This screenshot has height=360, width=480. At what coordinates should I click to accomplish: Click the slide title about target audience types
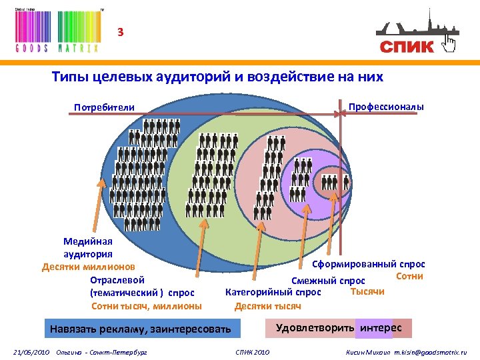coord(217,77)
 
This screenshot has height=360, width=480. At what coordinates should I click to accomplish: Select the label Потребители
coord(104,107)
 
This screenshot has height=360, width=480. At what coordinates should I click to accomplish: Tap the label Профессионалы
coord(386,107)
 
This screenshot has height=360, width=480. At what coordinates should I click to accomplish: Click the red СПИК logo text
coord(407,46)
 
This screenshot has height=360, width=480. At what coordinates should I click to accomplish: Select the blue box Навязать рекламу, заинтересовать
coord(140,329)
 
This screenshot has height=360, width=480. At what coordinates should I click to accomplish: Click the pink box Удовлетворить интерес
coord(339,328)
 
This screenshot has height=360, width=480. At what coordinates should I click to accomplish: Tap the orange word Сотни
coord(410,276)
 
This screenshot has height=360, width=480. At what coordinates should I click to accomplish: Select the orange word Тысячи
coord(367,291)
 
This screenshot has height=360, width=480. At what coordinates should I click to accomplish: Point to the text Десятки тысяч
coord(268,306)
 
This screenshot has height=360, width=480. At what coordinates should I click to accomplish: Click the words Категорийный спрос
coord(273,292)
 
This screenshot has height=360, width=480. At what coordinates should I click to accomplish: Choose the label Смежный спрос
coord(328,280)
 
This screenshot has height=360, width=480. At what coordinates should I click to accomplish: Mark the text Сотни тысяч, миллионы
coord(146,306)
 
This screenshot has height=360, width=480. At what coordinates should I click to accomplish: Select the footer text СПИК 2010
coord(253,351)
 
